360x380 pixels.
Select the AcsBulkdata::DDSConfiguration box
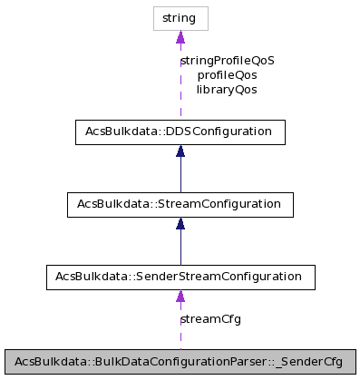[x=180, y=132]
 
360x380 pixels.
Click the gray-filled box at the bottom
[x=180, y=361]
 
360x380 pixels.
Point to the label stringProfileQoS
[x=227, y=61]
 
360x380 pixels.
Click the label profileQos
[x=227, y=75]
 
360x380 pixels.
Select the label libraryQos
[x=227, y=90]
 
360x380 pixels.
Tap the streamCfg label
[x=211, y=319]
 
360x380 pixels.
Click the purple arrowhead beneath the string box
[x=180, y=37]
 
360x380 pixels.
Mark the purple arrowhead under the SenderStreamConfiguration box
[x=180, y=297]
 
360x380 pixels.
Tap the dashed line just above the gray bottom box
[x=180, y=340]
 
